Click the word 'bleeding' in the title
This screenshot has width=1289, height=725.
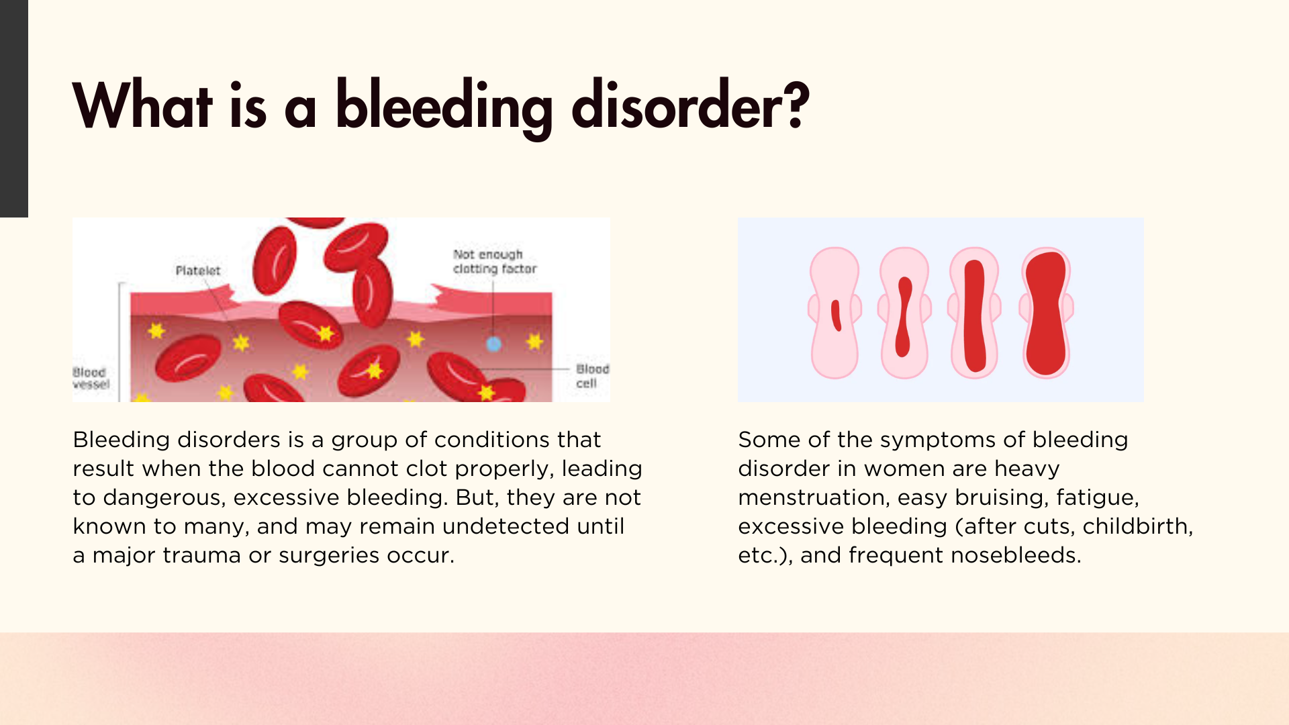pos(444,106)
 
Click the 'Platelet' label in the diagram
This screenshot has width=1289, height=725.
pos(198,271)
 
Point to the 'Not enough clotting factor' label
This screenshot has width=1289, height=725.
pos(495,262)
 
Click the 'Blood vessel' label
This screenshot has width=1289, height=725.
pos(91,378)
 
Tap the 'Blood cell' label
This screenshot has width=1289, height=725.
pos(592,376)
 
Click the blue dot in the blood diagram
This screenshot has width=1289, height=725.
pos(493,344)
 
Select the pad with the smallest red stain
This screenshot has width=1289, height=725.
pos(834,313)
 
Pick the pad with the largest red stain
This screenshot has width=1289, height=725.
pos(1046,313)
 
